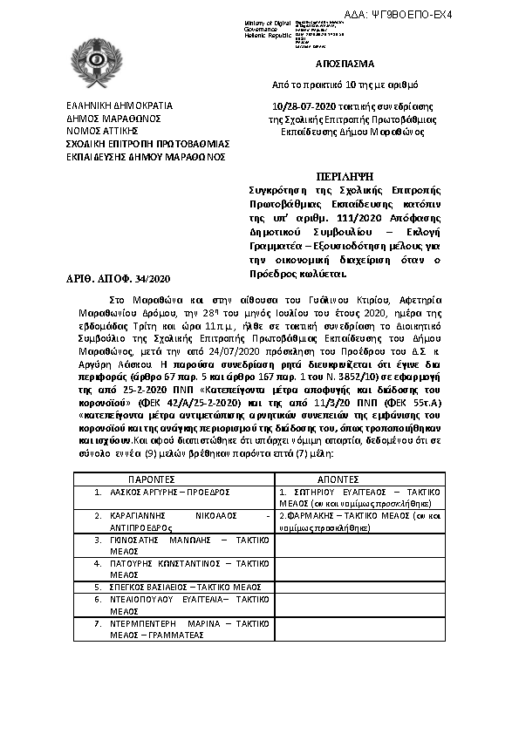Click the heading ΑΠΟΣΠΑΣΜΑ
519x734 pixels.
tap(345, 65)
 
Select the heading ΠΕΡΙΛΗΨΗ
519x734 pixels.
tap(345, 175)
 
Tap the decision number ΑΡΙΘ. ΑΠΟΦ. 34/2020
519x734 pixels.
tap(120, 278)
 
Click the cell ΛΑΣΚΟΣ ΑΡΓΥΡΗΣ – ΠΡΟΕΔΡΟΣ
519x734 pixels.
tap(170, 492)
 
